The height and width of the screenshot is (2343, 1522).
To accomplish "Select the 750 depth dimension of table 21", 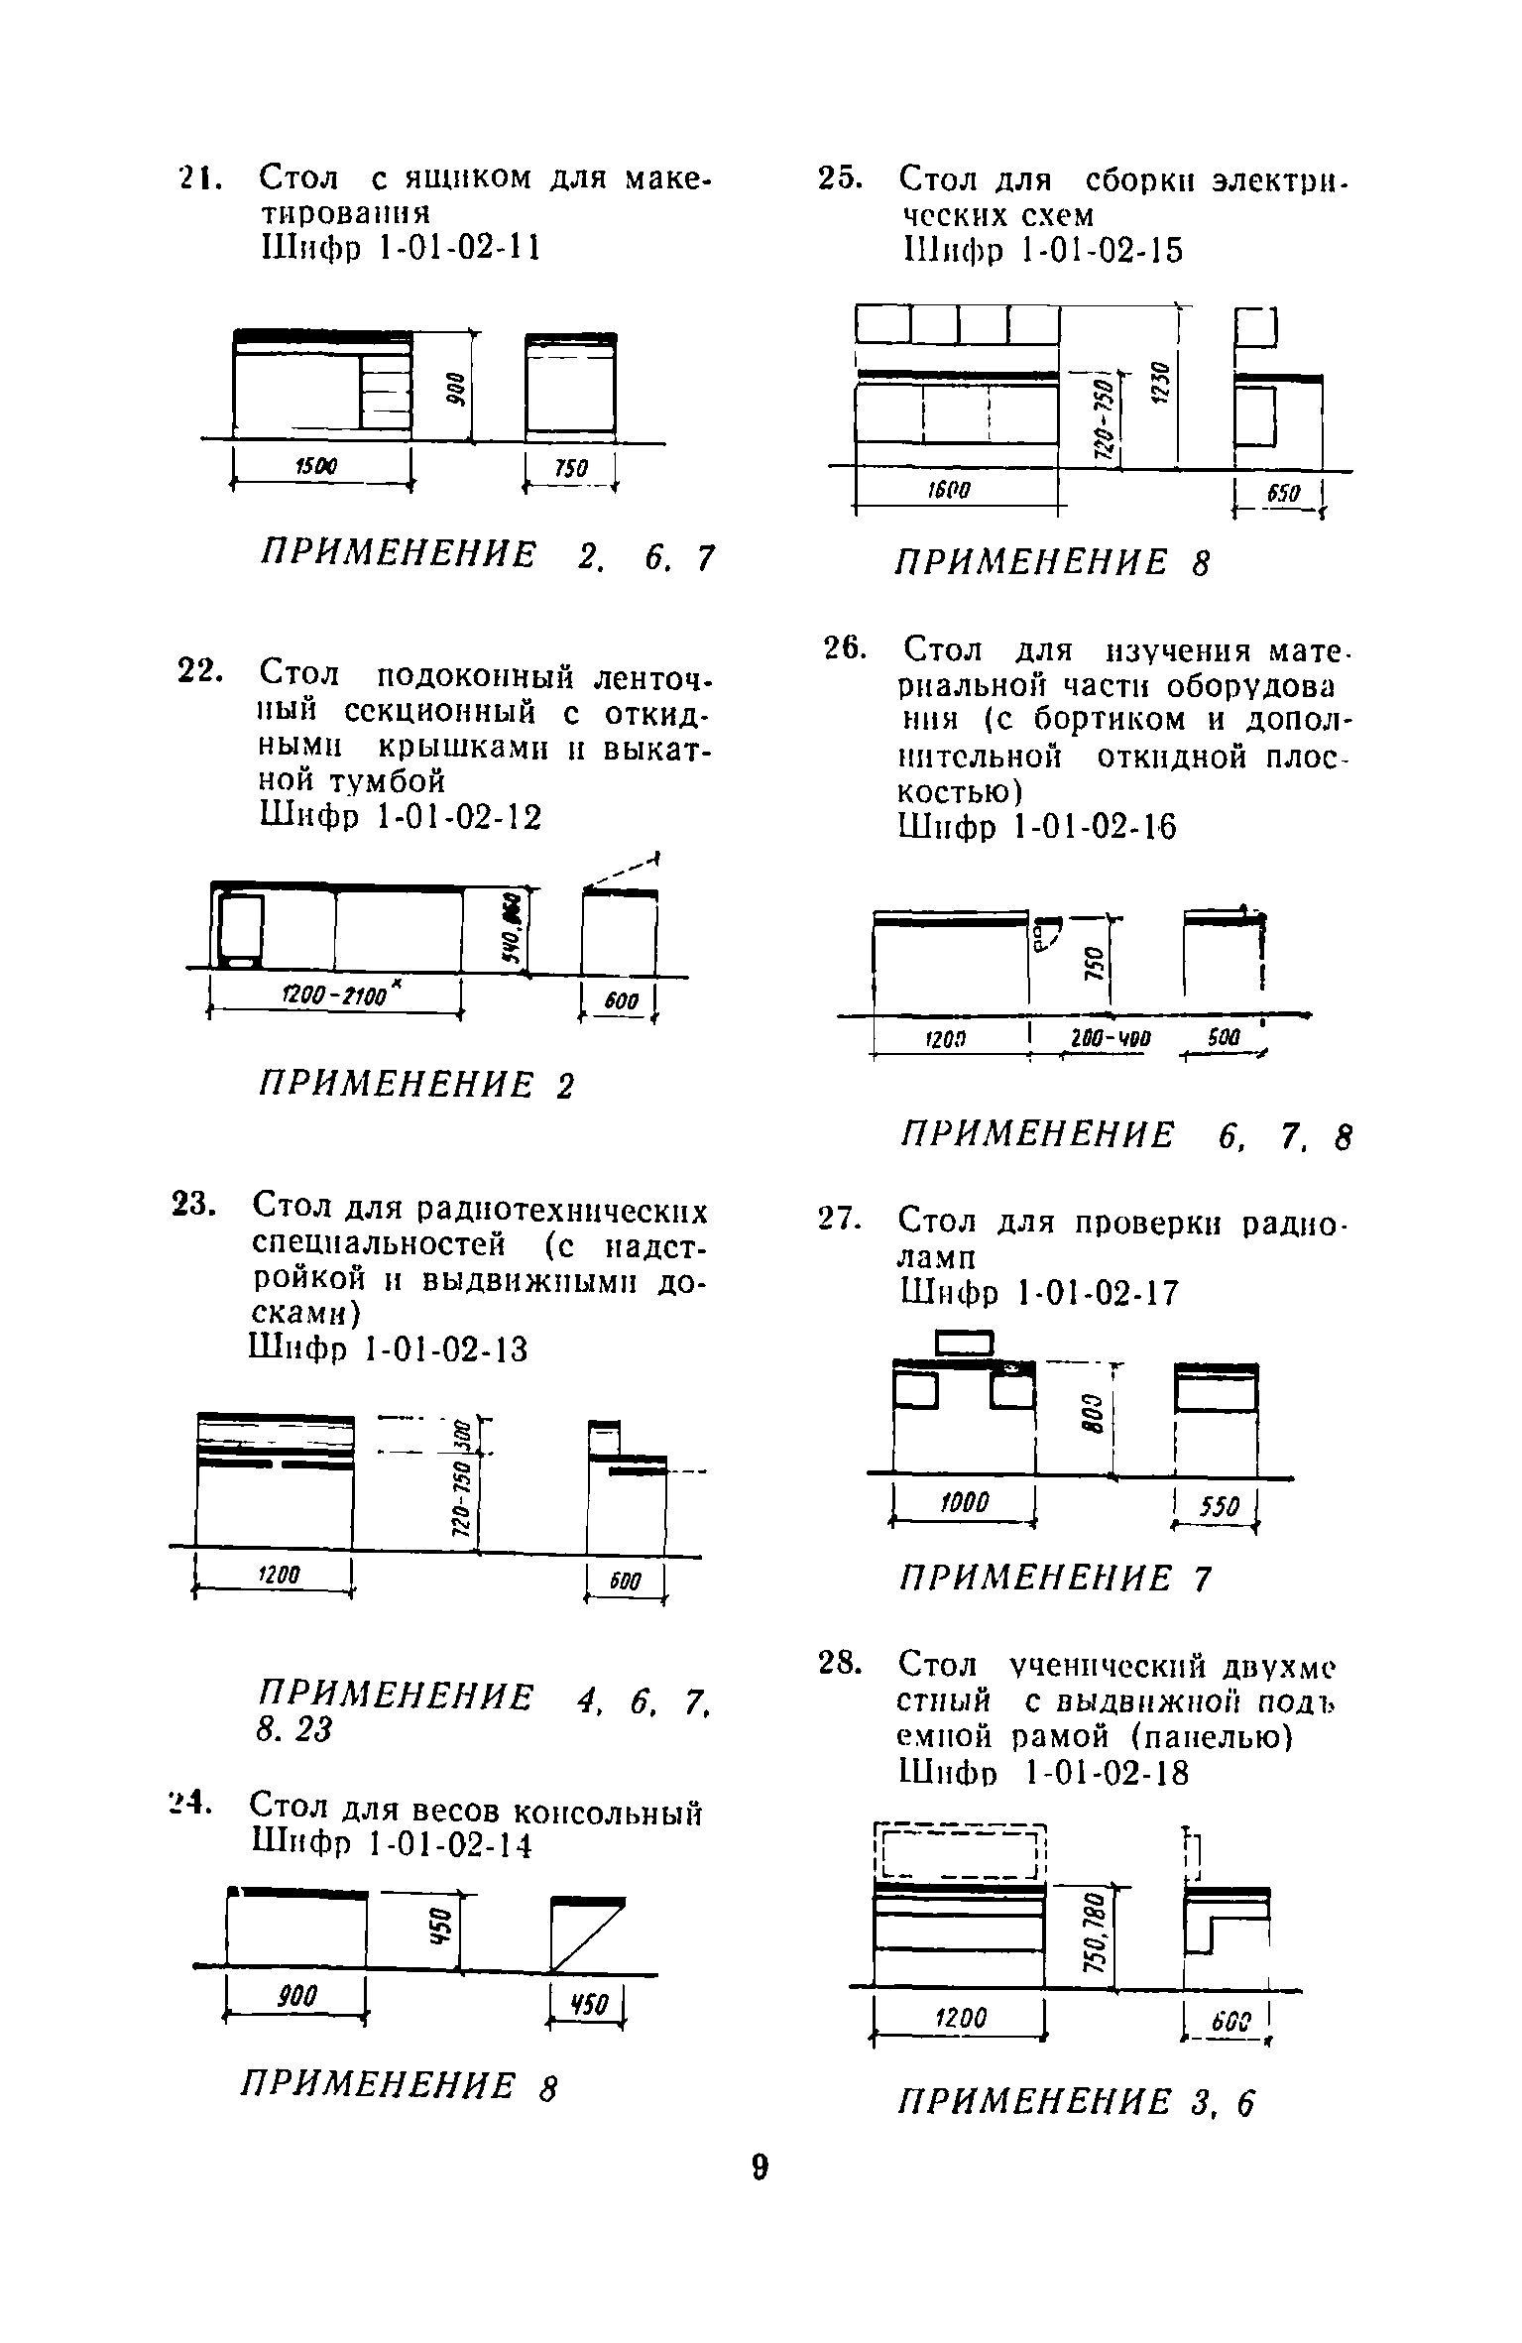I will pos(569,467).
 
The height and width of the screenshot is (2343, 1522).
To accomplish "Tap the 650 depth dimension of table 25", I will pos(1284,492).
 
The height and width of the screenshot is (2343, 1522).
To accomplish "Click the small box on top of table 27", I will pos(964,1343).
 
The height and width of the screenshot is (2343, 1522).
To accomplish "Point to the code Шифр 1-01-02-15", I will pos(1041,250).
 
